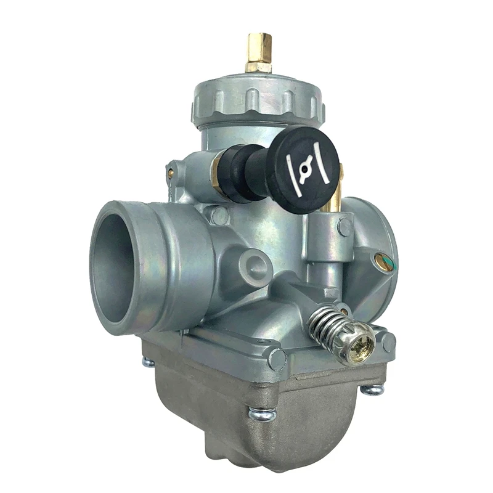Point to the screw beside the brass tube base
coord(346,226)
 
